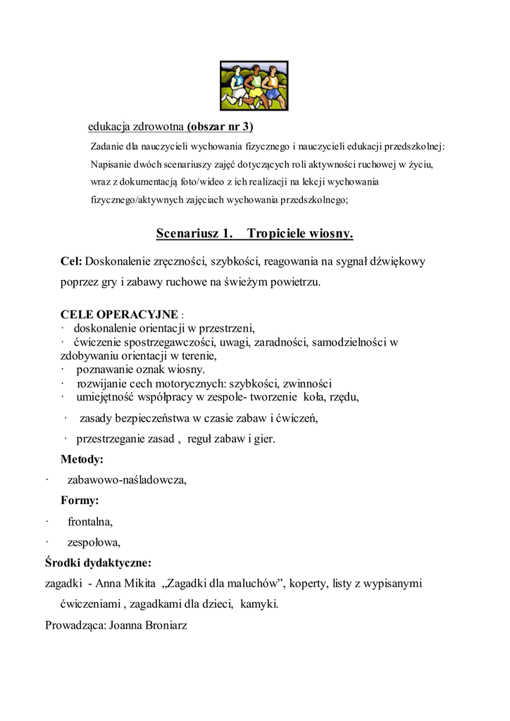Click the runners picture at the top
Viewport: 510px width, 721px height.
(x=254, y=85)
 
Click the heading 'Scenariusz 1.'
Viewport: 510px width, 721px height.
(x=194, y=233)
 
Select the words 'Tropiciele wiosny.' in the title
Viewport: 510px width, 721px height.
(x=300, y=233)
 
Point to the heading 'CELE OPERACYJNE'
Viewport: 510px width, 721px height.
(x=119, y=314)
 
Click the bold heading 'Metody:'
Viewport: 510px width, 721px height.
(x=82, y=459)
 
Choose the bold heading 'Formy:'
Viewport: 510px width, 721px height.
(x=80, y=501)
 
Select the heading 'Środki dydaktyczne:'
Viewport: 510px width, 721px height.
(x=98, y=563)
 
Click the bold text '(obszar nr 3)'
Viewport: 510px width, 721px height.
(x=220, y=127)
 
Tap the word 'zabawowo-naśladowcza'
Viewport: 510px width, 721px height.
(x=126, y=480)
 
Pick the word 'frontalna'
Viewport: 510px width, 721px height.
(x=89, y=522)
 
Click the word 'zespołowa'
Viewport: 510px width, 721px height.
(x=94, y=542)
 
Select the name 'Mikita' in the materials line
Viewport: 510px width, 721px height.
(x=139, y=583)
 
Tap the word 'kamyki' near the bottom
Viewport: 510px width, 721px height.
(x=258, y=604)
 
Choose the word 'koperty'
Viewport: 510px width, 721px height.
(x=309, y=583)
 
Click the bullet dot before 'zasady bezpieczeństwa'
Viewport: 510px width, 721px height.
(x=65, y=418)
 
